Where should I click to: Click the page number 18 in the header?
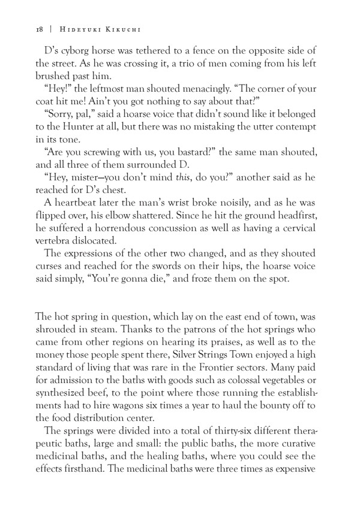tap(22, 28)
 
